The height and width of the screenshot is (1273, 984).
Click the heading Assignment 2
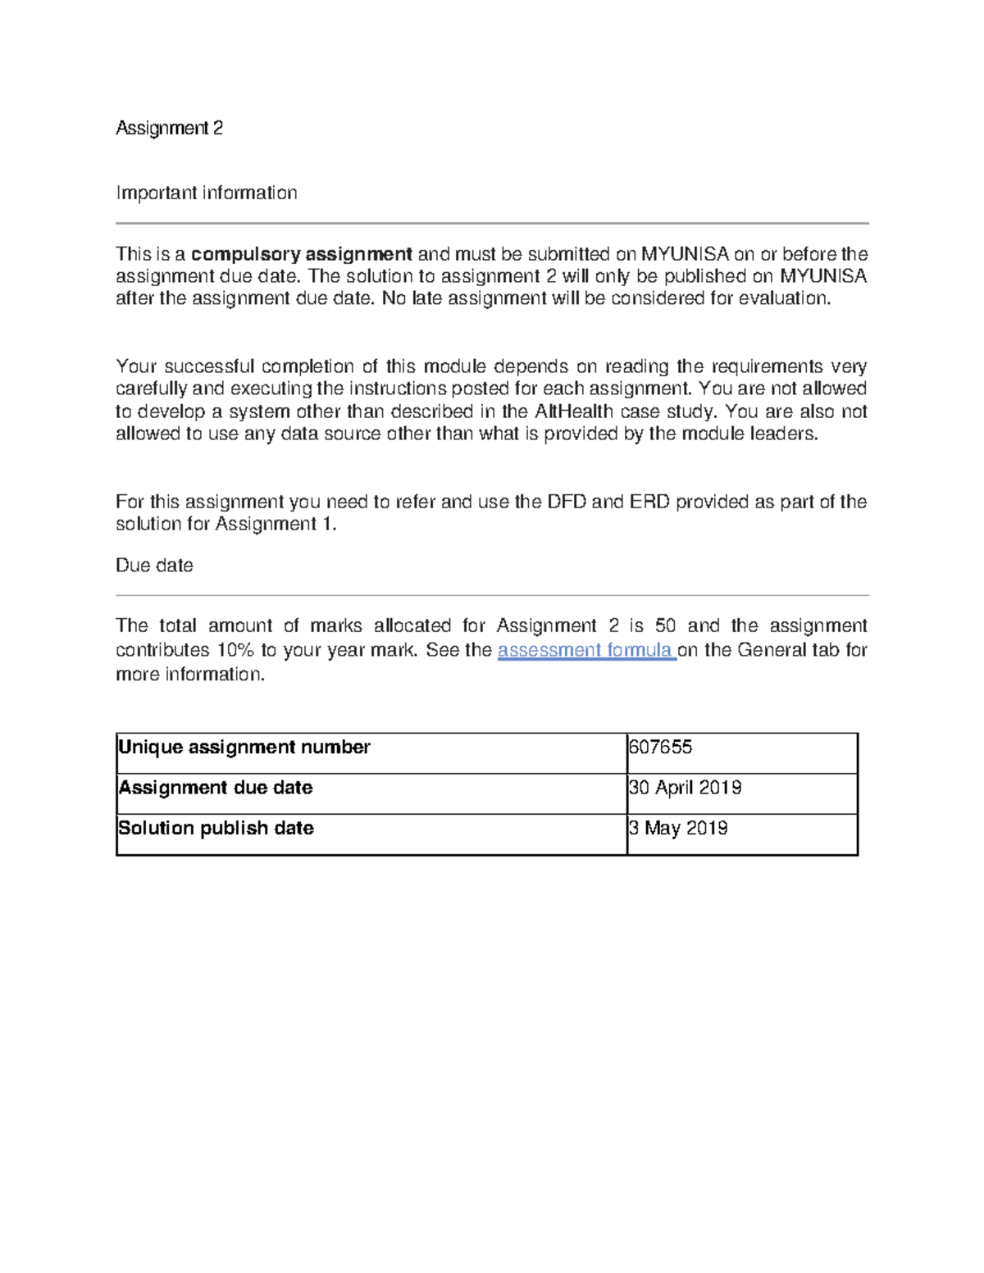coord(169,128)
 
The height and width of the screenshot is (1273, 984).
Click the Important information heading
coord(206,193)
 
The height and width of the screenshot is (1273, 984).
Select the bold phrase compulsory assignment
coord(301,254)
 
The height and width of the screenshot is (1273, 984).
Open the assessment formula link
coord(585,650)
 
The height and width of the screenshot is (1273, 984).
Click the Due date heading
coord(154,566)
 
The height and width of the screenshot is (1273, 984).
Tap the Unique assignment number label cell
coord(244,748)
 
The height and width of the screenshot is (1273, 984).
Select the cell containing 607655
coord(660,748)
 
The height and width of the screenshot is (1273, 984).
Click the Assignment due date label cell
coord(216,788)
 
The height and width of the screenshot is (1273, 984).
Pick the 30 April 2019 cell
coord(685,788)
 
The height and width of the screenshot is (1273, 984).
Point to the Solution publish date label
coord(216,829)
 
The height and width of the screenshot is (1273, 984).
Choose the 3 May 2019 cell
coord(678,829)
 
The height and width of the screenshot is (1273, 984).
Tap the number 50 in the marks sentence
coord(665,626)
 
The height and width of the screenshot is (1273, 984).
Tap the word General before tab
coord(772,650)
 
